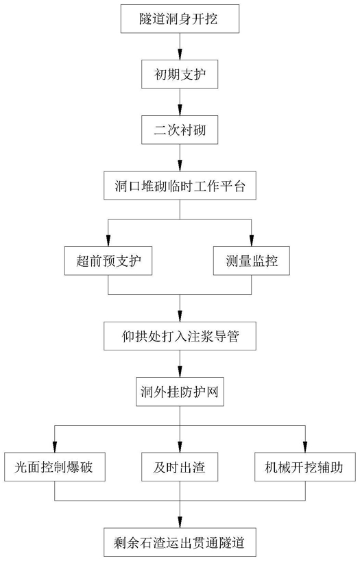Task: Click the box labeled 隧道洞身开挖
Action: click(180, 19)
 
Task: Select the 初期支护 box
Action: click(180, 74)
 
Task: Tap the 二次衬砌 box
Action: click(180, 130)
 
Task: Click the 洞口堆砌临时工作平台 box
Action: click(180, 185)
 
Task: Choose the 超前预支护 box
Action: click(108, 261)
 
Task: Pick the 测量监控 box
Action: click(251, 261)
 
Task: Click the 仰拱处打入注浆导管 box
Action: click(180, 336)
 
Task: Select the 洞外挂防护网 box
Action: click(180, 392)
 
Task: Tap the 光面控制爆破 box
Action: click(55, 467)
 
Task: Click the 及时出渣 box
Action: click(180, 467)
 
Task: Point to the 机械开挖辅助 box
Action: click(305, 467)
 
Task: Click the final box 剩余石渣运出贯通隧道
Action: click(180, 542)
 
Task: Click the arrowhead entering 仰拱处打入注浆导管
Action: click(180, 317)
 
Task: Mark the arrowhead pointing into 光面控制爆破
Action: click(55, 448)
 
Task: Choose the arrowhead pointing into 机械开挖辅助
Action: click(305, 448)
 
